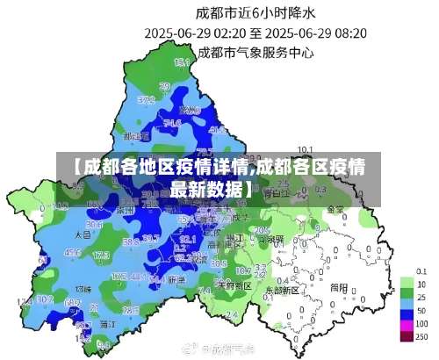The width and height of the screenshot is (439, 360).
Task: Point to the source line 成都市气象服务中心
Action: click(x=255, y=52)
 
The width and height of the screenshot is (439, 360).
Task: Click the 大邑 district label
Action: click(x=83, y=235)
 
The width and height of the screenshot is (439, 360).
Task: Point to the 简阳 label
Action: click(x=338, y=287)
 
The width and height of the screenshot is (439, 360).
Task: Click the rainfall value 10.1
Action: click(x=306, y=149)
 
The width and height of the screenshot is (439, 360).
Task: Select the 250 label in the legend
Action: click(x=421, y=337)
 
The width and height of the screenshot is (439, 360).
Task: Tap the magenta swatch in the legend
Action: click(x=407, y=324)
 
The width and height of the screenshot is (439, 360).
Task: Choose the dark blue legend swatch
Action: click(x=407, y=311)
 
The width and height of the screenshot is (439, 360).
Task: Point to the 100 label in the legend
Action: click(x=421, y=324)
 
